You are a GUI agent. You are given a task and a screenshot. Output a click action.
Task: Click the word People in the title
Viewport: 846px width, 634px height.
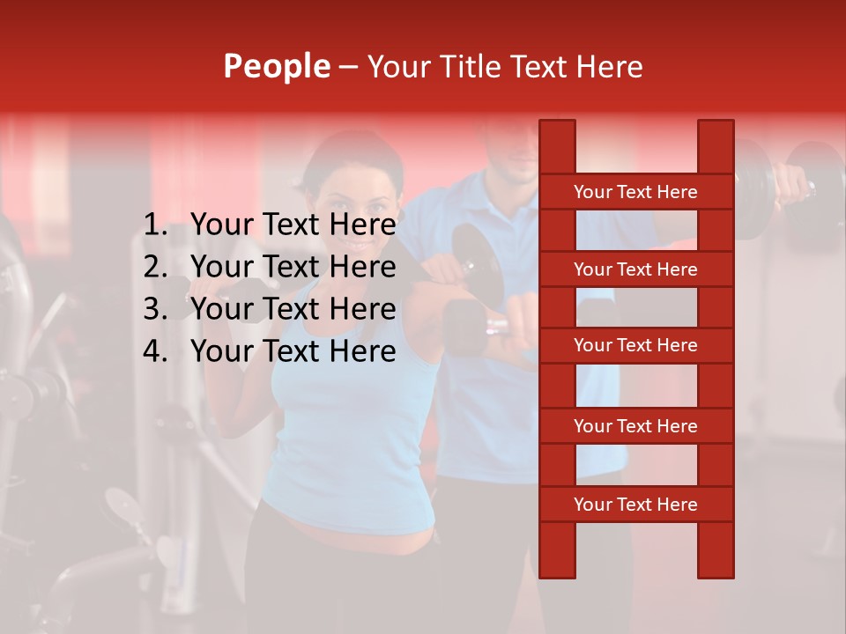(276, 66)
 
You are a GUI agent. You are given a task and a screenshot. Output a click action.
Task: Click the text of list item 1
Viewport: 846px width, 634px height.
(293, 225)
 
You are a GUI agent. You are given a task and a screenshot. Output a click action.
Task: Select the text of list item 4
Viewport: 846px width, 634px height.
(293, 351)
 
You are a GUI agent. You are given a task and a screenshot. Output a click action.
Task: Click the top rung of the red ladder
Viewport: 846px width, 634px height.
(635, 192)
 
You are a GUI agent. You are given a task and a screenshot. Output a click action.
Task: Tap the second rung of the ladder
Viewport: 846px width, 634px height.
(635, 269)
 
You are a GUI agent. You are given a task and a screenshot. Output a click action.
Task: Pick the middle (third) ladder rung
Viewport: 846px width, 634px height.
(635, 346)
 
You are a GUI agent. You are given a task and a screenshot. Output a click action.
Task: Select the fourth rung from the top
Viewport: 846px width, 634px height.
(635, 426)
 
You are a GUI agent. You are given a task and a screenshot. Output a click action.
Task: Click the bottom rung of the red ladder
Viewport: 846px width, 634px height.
(635, 505)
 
